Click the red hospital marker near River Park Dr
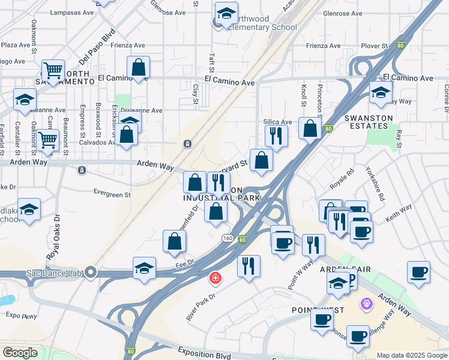(x=215, y=278)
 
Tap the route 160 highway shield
(x=228, y=238)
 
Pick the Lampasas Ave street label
(x=72, y=12)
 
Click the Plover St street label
(x=375, y=46)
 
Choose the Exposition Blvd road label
(x=205, y=355)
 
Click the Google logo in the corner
(x=19, y=352)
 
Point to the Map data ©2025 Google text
(x=411, y=355)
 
